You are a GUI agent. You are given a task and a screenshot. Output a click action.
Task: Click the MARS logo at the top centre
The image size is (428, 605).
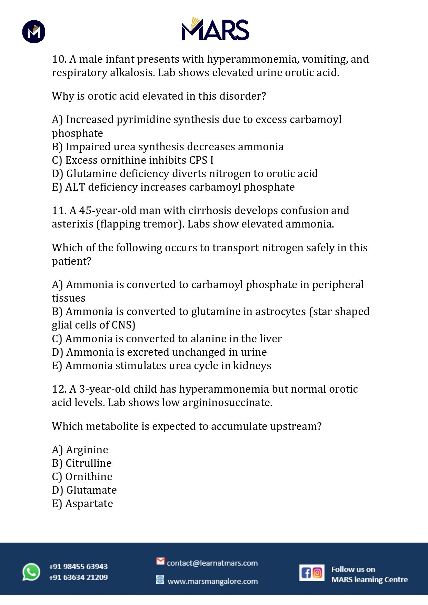215,29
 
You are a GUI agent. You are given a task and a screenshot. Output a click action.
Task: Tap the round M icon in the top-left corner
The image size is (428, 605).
34,32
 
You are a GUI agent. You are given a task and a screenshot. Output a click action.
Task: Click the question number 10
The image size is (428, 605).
59,59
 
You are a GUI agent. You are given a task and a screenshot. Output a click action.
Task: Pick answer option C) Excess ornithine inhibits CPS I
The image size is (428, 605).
133,160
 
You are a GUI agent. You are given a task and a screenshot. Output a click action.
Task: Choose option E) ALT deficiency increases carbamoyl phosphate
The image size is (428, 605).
173,187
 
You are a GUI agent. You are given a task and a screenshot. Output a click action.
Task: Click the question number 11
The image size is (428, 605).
59,211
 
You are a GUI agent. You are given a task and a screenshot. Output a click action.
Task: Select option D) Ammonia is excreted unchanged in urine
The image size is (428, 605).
159,352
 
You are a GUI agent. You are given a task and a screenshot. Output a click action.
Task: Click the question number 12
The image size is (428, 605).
59,389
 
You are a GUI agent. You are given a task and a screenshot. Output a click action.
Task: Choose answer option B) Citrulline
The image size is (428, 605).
82,463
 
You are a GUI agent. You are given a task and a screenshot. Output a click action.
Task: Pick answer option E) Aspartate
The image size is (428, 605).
82,504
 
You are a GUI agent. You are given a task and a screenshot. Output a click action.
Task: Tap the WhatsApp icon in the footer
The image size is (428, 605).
31,572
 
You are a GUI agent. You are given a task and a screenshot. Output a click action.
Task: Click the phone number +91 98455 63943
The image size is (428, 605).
78,566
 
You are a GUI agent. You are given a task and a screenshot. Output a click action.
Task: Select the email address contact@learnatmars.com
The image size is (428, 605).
212,563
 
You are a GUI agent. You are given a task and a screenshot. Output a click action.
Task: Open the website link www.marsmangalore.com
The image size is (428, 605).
212,581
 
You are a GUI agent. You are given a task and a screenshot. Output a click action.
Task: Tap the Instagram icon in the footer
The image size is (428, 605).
318,573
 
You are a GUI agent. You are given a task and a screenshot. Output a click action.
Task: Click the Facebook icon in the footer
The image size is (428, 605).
306,573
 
